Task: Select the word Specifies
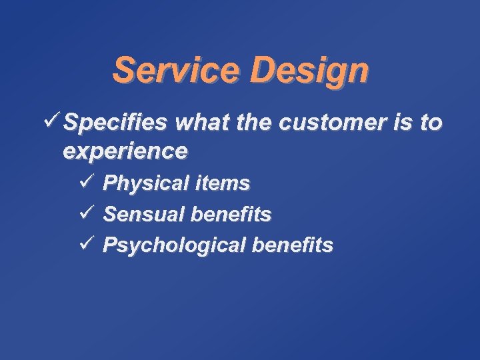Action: pos(116,123)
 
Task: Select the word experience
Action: pos(125,152)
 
